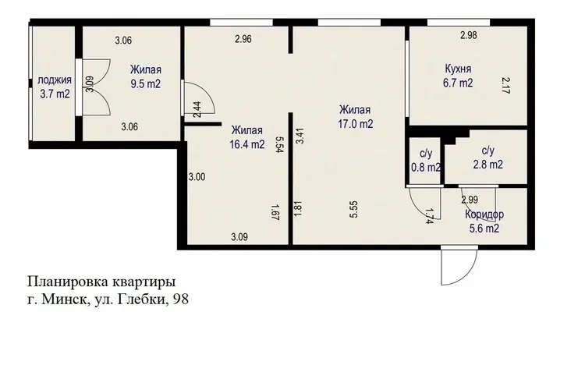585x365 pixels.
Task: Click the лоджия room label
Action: [x=55, y=80]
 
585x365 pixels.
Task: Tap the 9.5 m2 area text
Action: [x=146, y=83]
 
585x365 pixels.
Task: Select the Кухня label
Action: [x=458, y=69]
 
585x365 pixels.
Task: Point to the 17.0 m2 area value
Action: [x=355, y=124]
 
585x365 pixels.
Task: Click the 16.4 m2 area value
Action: [x=247, y=144]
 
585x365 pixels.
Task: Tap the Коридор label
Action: [x=484, y=214]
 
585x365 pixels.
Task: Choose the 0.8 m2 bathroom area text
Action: [x=426, y=168]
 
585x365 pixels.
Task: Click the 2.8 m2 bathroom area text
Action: [x=488, y=165]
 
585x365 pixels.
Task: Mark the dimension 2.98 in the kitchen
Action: [x=469, y=35]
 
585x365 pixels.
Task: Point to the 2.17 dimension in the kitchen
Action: [x=505, y=85]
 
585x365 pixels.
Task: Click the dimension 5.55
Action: [x=354, y=209]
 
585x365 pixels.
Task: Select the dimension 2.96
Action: [x=243, y=39]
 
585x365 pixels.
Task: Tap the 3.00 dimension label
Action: [x=197, y=177]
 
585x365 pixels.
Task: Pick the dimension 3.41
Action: [x=300, y=136]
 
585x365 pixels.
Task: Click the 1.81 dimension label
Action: [x=298, y=209]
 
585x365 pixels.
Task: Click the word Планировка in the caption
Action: [x=68, y=282]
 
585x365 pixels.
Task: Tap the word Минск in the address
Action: [x=64, y=299]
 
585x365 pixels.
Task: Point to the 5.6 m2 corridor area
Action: [x=484, y=228]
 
